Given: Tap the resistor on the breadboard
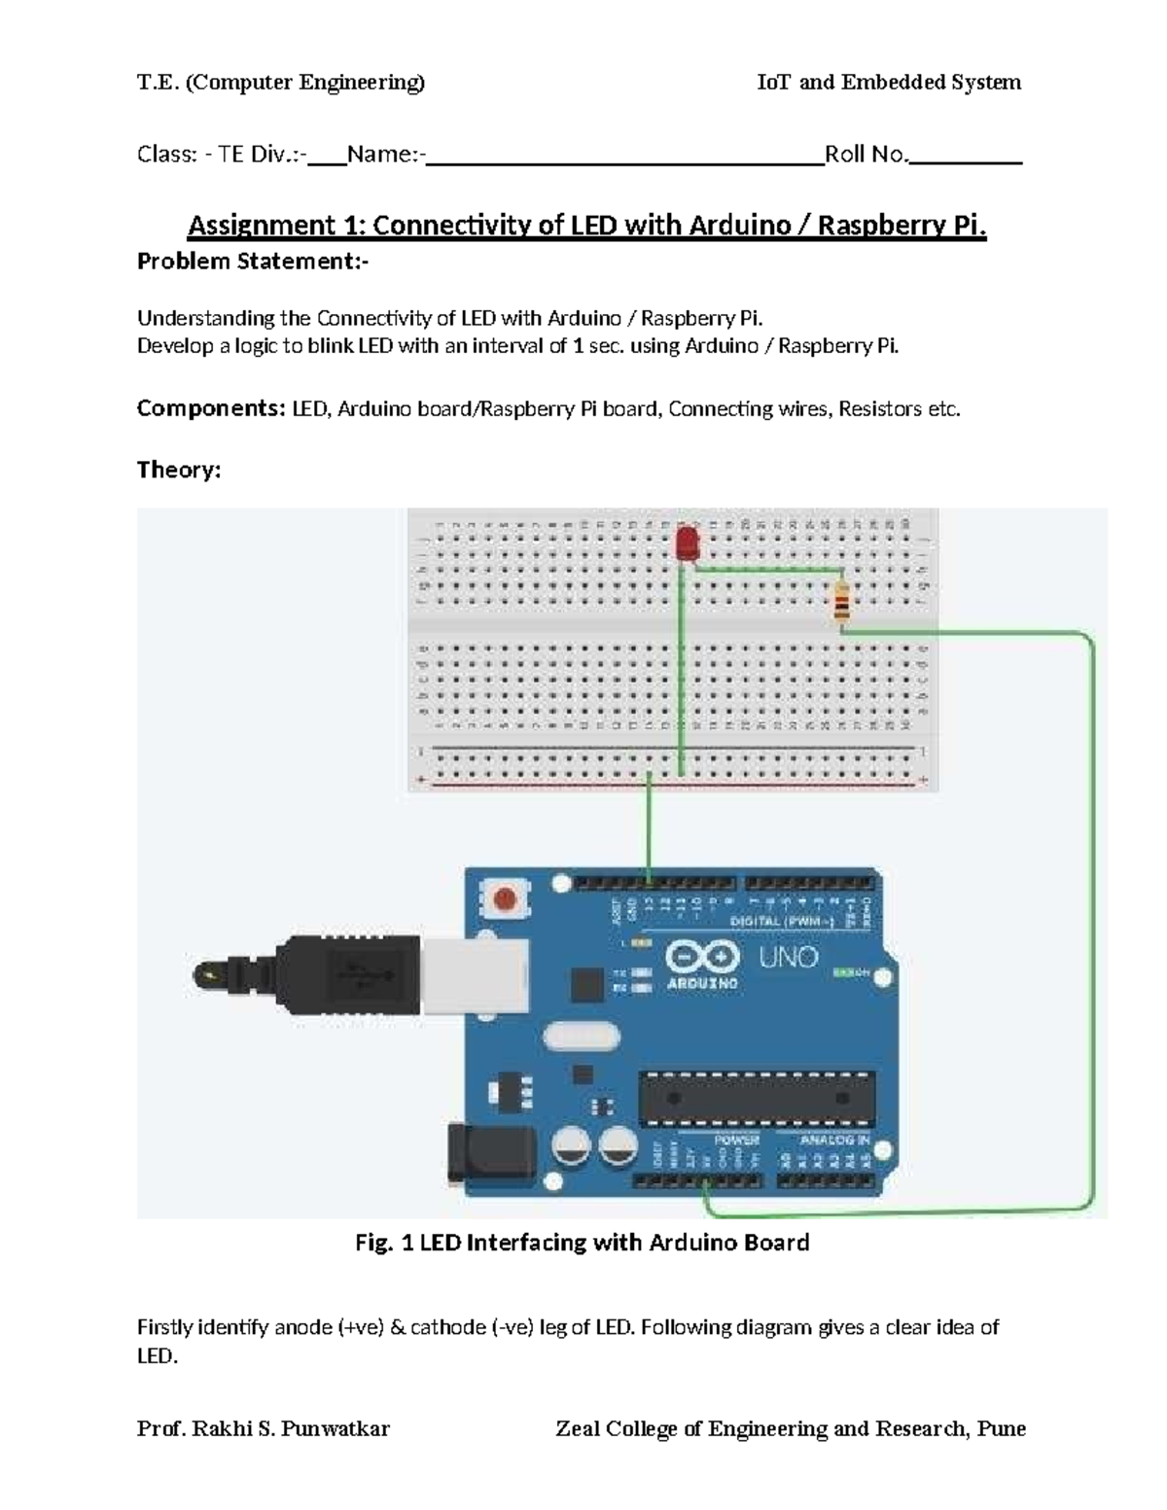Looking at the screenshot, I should click(841, 603).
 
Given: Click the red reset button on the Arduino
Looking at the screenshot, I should click(505, 898).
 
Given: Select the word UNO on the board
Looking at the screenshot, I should click(788, 958).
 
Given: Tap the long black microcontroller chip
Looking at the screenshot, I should click(757, 1096).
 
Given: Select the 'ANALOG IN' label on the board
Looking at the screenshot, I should click(833, 1140).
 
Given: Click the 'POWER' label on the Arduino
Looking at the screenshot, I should click(736, 1140).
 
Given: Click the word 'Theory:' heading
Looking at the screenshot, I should click(179, 471).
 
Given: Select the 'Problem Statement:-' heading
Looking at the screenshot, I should click(253, 262).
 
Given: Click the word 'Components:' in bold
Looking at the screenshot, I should click(210, 408).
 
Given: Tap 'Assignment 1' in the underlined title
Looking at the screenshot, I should click(275, 226).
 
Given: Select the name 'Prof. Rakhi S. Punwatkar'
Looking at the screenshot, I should click(264, 1428).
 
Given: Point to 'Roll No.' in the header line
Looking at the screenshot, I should click(866, 155).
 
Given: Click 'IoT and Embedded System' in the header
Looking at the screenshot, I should click(889, 83).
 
